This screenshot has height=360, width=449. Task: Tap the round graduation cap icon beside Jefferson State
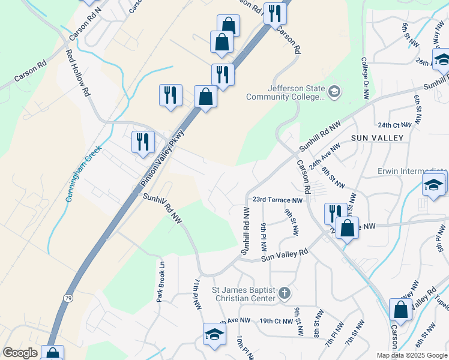pos(334,92)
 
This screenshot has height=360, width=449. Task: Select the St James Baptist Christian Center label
pos(243,294)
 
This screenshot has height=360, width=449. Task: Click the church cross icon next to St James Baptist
pos(285,294)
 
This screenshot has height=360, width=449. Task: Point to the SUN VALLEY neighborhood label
pos(376,137)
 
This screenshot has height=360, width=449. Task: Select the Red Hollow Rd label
pos(78,73)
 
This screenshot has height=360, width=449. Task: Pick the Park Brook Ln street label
pos(161,281)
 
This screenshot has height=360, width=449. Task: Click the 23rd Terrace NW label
pos(277,200)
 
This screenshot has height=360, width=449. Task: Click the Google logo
pos(19,353)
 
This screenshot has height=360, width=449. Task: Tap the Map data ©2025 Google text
pos(412,355)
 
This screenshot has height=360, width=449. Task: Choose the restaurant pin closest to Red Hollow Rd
pos(143,142)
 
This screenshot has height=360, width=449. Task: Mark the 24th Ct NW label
pos(395,125)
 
